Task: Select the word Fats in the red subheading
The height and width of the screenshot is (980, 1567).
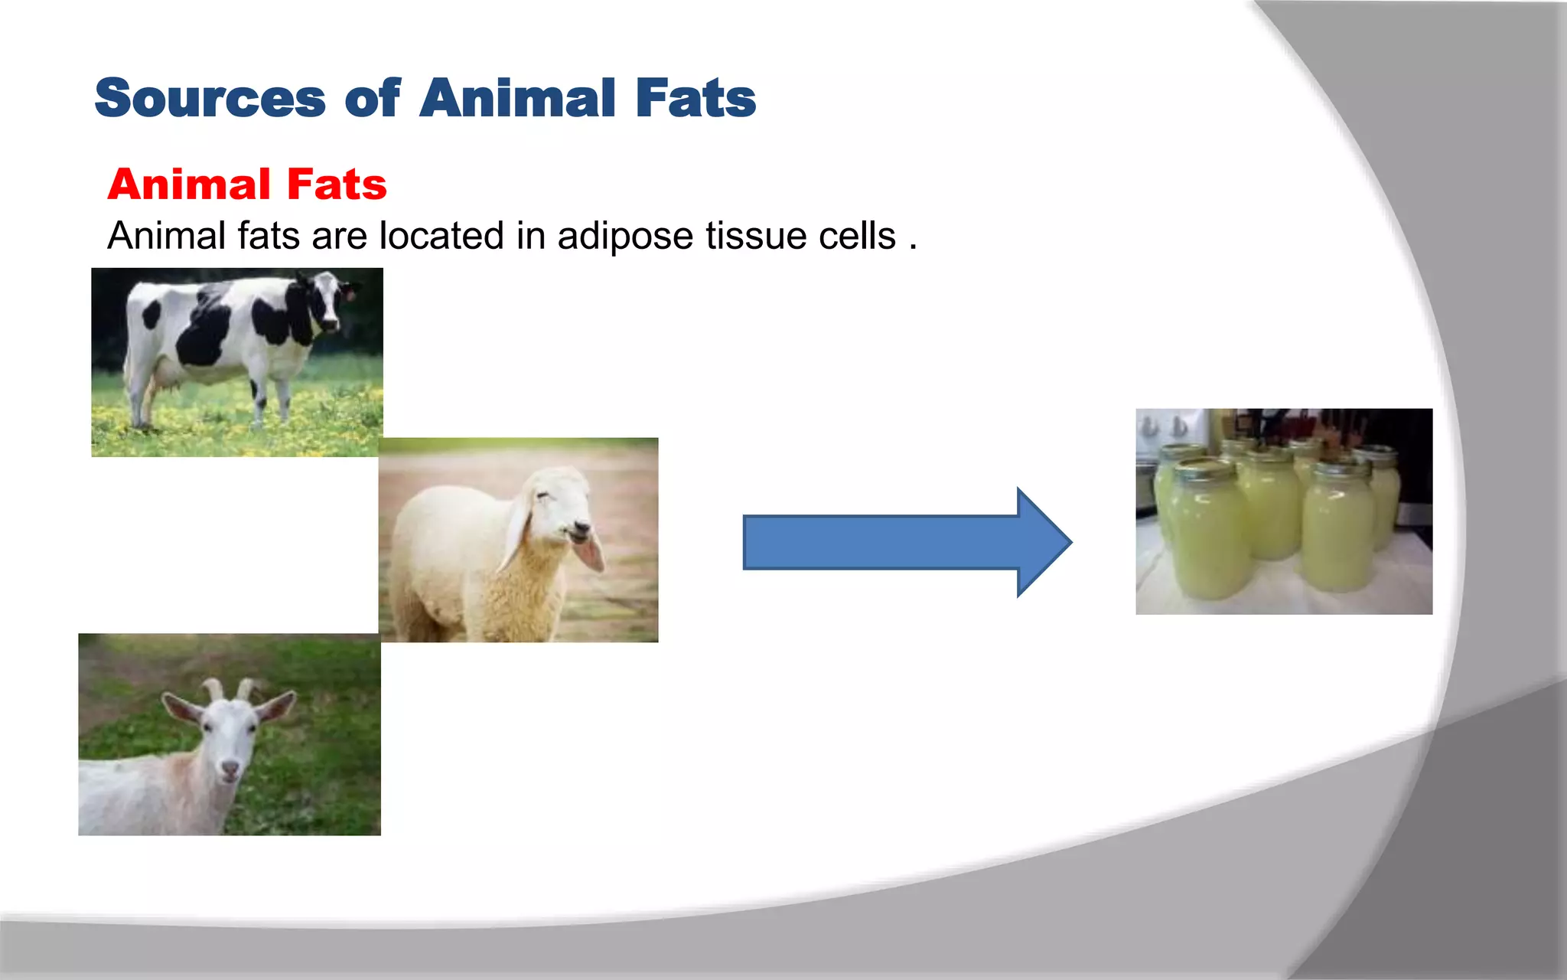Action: click(337, 185)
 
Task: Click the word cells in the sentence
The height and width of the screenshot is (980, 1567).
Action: click(857, 236)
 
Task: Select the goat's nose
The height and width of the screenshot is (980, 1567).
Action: click(230, 766)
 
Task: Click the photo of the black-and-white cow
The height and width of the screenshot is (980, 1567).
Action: click(236, 362)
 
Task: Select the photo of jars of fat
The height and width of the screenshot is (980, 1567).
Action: click(1284, 511)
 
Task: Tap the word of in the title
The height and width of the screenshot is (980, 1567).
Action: click(372, 100)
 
